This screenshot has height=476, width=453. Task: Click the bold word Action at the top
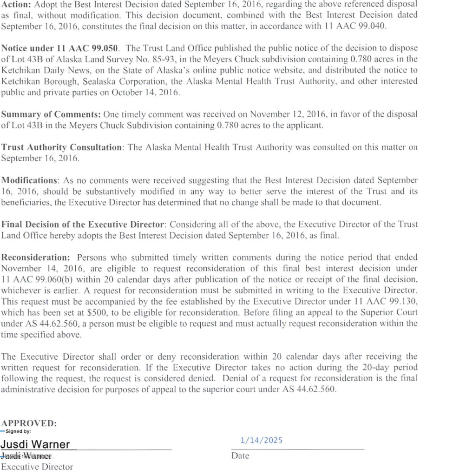[16, 4]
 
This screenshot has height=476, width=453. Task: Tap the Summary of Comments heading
[51, 114]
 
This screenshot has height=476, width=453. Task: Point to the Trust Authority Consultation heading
[62, 147]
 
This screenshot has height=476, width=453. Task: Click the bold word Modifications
[29, 180]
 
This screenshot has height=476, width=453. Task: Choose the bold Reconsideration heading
[35, 258]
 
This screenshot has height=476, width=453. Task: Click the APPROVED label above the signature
[29, 423]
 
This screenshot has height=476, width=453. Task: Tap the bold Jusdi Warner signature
[35, 444]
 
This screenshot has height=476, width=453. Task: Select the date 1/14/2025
[261, 440]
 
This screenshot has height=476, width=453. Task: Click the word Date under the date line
[240, 456]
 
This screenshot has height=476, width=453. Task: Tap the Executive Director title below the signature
[37, 467]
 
